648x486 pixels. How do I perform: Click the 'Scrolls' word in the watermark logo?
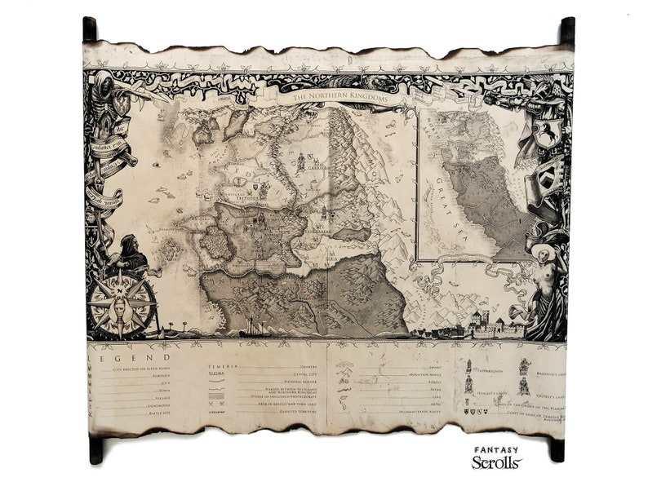click(x=496, y=462)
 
